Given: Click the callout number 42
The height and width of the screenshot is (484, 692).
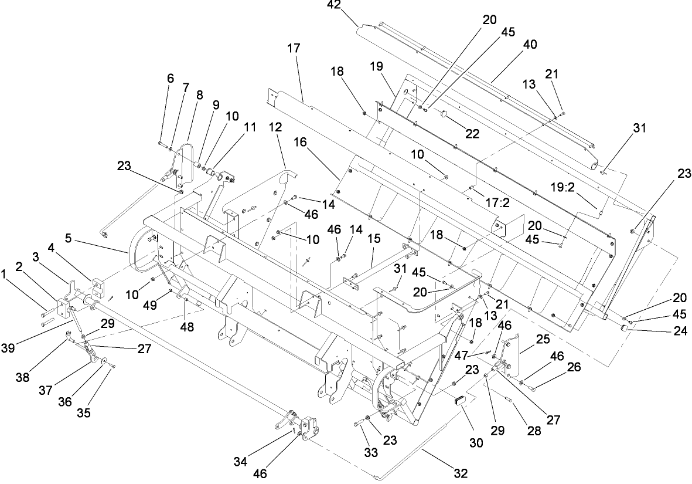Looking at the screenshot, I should (350, 8).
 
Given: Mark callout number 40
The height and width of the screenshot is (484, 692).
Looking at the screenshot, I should (531, 45).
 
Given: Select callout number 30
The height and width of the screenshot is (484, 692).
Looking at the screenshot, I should (476, 443).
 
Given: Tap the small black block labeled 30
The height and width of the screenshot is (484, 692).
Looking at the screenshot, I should (459, 401).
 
